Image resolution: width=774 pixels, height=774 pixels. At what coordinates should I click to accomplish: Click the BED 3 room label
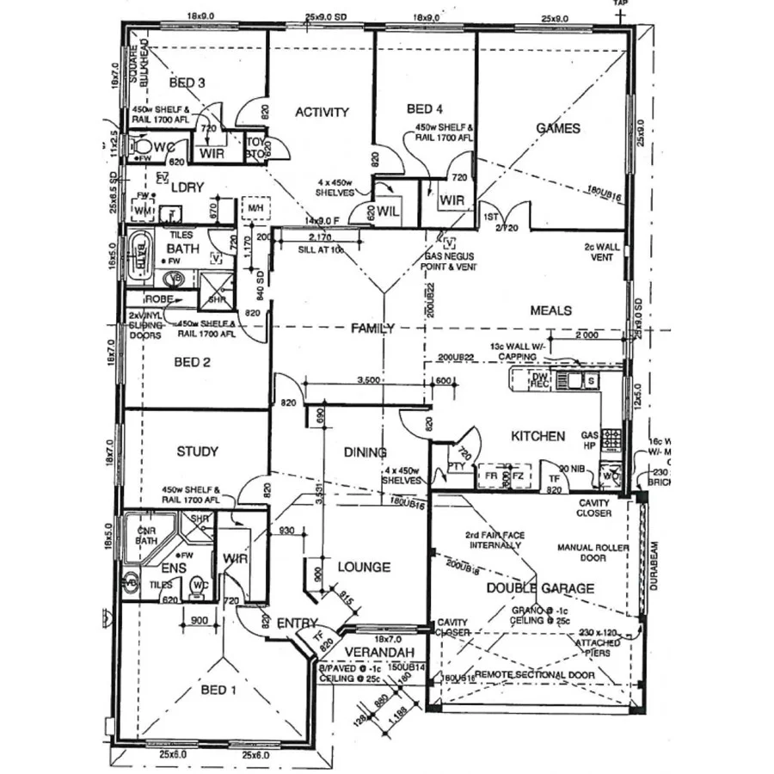pos(187,83)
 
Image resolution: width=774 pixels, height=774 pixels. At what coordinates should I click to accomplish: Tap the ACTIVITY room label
pos(322,112)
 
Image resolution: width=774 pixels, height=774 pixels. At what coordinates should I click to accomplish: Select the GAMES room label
pos(558,128)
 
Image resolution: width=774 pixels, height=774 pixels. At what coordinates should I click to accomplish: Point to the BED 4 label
pos(425,109)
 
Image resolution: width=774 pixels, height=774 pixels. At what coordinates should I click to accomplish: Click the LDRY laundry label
pos(187,186)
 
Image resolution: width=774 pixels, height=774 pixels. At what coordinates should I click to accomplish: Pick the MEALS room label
pos(551,310)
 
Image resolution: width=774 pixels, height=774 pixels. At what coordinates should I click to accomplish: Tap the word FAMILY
pos(372,328)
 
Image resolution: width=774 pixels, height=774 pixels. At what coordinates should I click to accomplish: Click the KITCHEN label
pos(538,436)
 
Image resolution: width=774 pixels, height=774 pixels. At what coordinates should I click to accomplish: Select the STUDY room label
pos(197,451)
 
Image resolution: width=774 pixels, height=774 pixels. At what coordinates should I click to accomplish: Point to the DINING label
pos(365,452)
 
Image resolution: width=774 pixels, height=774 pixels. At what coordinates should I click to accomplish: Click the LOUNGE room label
pos(364,567)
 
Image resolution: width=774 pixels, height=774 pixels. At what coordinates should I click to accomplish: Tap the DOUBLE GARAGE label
pos(541,588)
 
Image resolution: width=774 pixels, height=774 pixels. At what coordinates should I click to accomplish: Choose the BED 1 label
pos(215,690)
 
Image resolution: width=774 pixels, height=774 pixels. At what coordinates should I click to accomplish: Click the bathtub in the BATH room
pos(140,255)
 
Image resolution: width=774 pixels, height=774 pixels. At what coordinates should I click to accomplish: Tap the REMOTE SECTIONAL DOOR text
pos(534,675)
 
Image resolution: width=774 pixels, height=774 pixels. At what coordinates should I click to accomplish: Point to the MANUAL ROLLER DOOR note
pos(593,552)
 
